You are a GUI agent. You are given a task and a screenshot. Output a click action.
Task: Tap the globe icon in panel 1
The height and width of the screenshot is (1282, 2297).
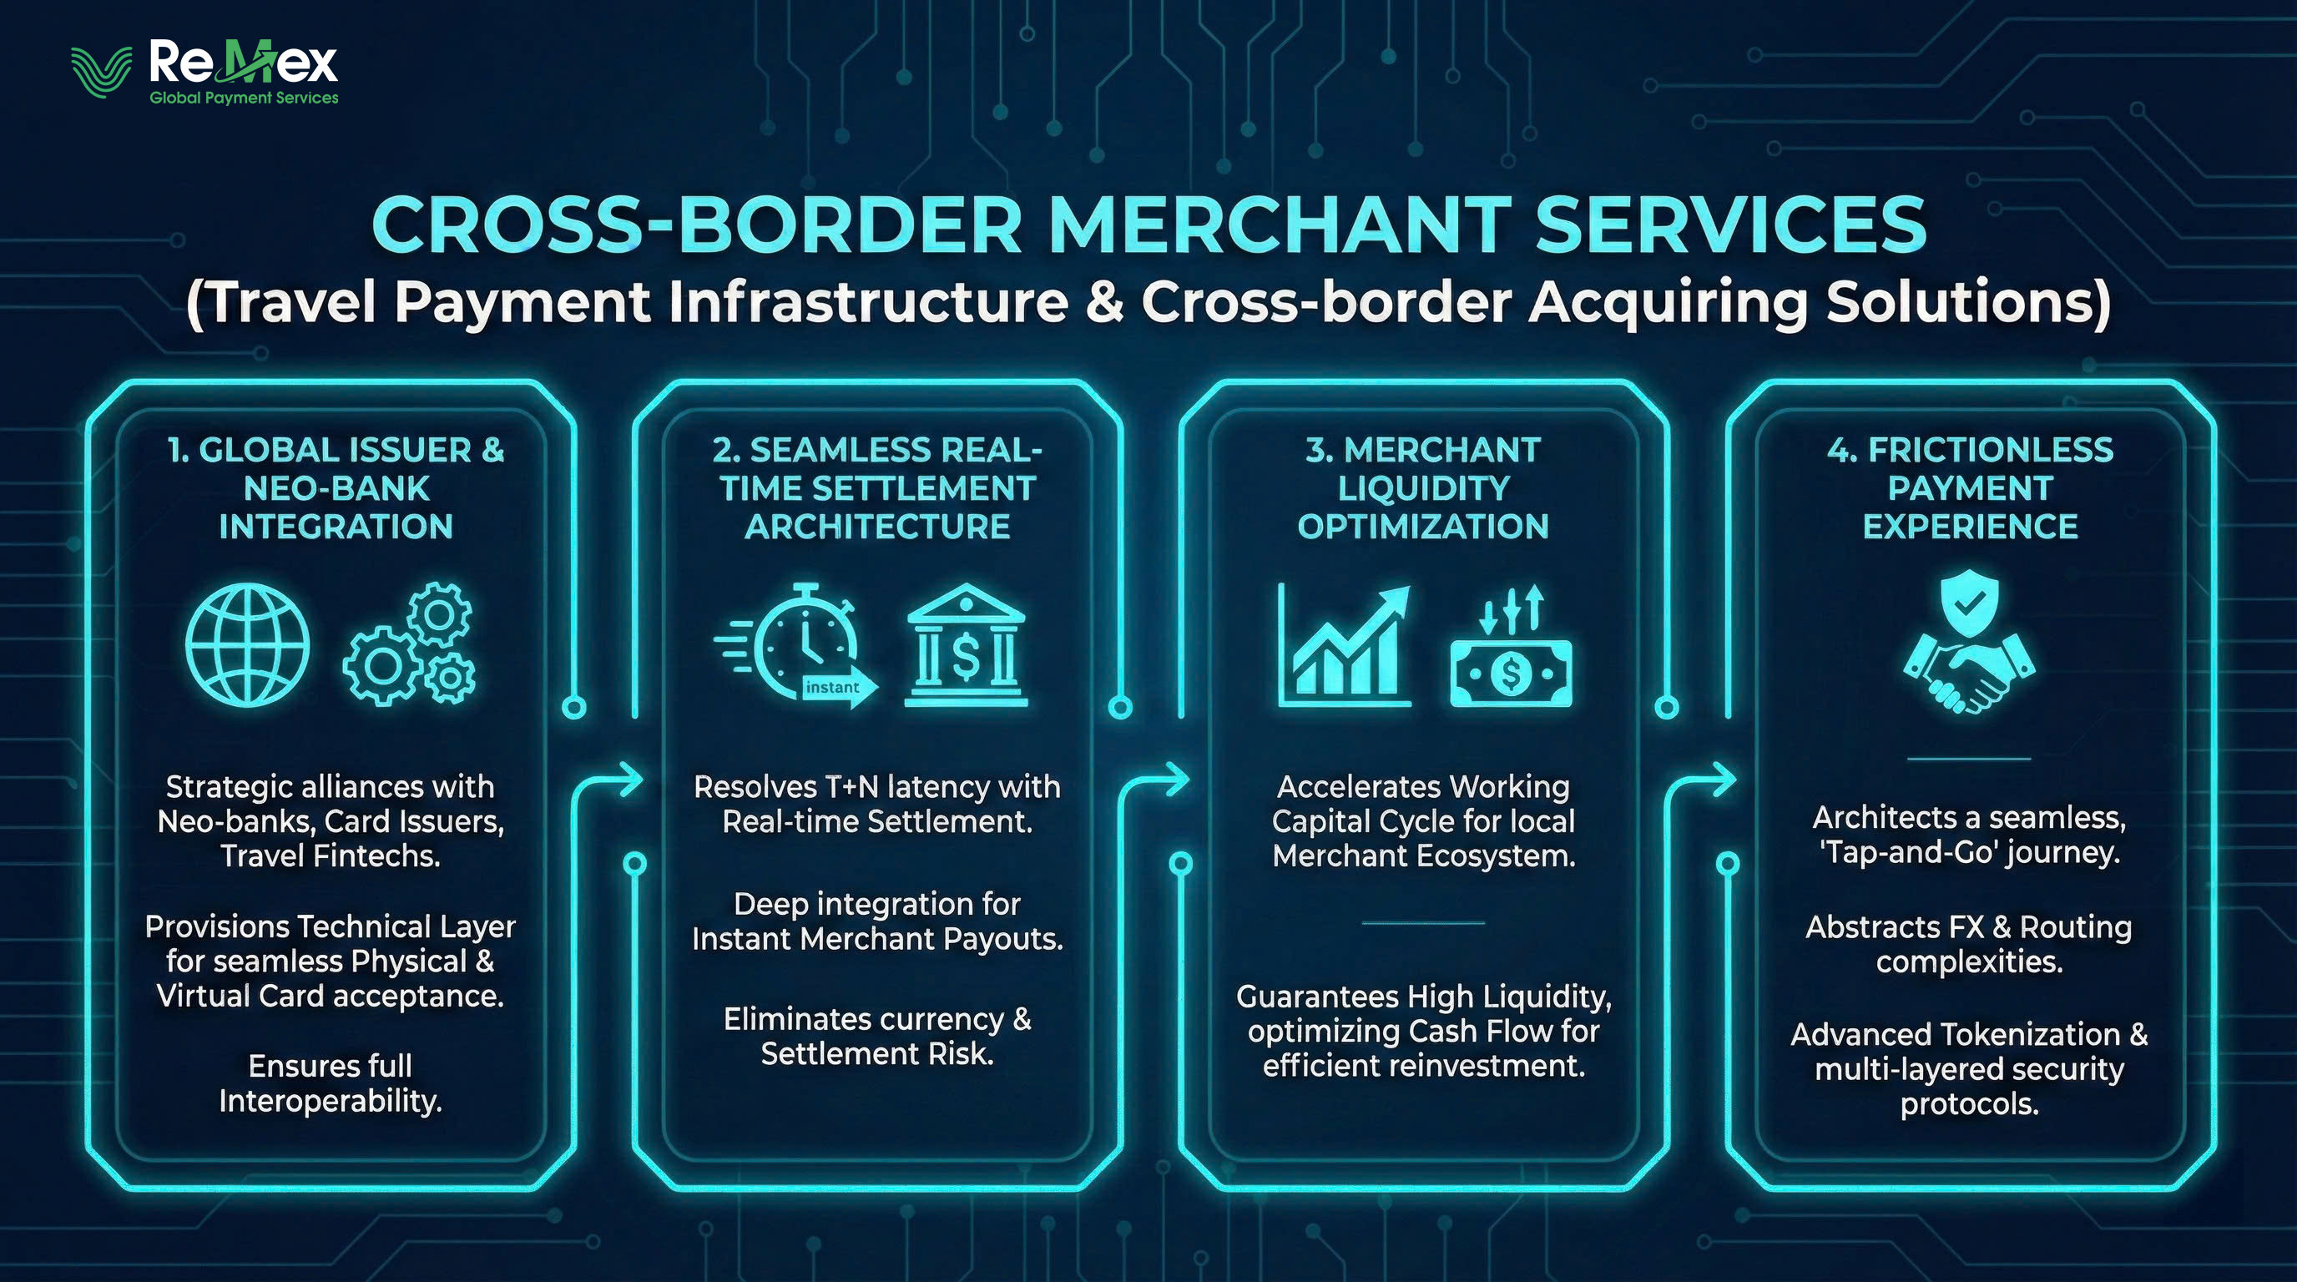(247, 644)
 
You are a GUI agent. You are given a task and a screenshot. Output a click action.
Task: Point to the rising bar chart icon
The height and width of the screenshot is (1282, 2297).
(1345, 645)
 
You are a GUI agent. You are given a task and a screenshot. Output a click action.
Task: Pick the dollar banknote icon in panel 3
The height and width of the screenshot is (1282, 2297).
(1511, 659)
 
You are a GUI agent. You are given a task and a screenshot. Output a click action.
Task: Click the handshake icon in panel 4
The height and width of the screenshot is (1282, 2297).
(1969, 678)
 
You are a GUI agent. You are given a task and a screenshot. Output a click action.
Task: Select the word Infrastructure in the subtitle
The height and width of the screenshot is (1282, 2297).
(867, 301)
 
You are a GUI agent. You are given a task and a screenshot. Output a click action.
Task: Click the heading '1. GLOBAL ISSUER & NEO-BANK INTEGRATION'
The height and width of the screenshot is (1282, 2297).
(336, 487)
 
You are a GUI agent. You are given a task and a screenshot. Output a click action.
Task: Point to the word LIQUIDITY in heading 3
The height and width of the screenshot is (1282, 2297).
(1423, 488)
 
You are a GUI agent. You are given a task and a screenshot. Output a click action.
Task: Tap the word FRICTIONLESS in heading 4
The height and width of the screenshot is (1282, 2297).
(1990, 450)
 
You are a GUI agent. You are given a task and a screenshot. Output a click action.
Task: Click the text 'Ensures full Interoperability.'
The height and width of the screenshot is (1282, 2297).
(330, 1083)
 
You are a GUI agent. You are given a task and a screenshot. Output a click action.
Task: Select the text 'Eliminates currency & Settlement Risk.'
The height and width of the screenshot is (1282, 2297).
(876, 1036)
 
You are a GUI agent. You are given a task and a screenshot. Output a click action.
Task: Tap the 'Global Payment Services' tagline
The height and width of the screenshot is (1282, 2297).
(244, 98)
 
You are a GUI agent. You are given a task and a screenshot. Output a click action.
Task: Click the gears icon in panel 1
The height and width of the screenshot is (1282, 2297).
(409, 644)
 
